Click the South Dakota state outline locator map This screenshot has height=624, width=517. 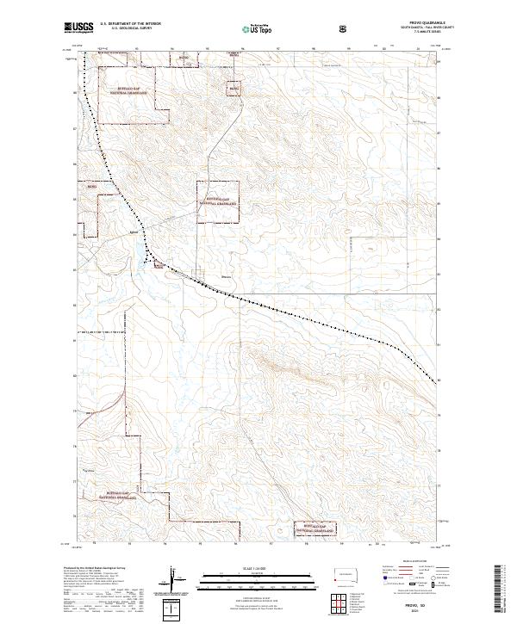[x=346, y=574]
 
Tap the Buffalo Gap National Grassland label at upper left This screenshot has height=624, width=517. [x=127, y=90]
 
